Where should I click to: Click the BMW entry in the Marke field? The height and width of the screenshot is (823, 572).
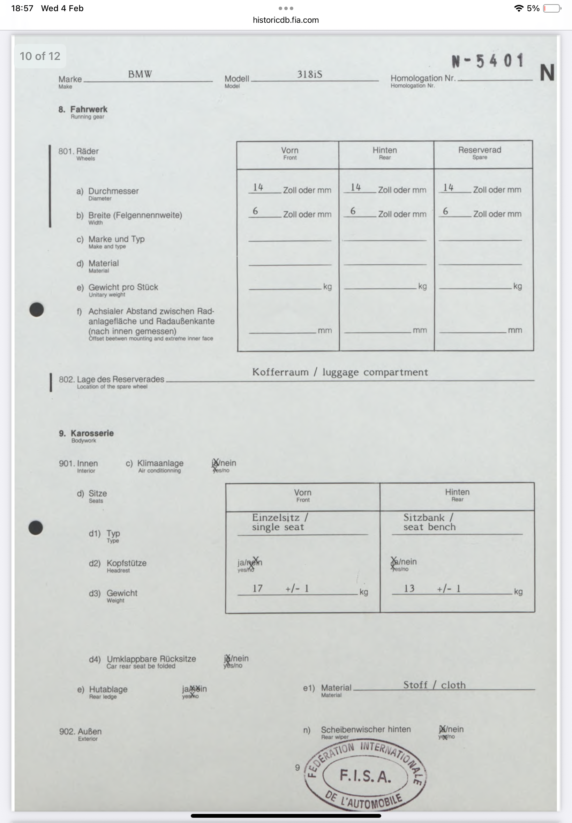140,74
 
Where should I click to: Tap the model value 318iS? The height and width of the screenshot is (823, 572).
309,74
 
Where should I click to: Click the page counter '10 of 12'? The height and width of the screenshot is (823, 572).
40,56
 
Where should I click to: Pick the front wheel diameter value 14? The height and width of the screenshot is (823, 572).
258,187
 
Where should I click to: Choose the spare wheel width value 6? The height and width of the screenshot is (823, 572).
445,211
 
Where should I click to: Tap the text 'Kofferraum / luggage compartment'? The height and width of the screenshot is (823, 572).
340,372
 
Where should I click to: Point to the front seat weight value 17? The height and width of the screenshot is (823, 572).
257,588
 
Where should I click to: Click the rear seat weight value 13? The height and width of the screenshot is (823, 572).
409,588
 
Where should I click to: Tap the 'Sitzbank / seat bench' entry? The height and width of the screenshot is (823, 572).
429,522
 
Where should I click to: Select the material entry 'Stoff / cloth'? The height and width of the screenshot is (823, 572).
434,685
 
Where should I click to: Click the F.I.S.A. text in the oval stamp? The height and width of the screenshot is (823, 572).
365,776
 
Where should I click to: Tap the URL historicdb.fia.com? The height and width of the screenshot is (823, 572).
286,20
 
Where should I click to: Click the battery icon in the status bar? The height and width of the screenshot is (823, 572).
551,8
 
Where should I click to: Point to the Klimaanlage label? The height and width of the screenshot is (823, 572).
160,463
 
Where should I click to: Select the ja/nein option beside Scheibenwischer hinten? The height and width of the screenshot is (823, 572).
451,729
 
